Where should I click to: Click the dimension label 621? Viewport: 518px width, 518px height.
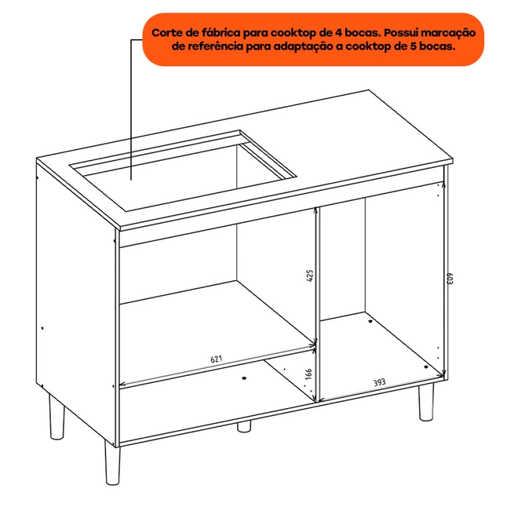[217, 359]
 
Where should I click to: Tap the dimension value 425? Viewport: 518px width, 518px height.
[310, 275]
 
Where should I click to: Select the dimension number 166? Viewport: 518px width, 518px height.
[308, 374]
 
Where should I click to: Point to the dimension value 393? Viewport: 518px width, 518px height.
[379, 382]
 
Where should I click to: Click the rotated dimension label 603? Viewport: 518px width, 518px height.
[451, 278]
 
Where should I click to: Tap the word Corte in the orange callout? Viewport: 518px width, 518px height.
[167, 33]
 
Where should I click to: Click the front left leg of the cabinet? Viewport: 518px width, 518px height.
[112, 462]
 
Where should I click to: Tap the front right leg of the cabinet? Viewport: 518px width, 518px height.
[426, 402]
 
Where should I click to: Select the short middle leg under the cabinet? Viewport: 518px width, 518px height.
[244, 426]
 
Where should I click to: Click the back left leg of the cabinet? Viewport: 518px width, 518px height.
[57, 417]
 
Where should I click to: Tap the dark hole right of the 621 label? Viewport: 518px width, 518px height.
[244, 378]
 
